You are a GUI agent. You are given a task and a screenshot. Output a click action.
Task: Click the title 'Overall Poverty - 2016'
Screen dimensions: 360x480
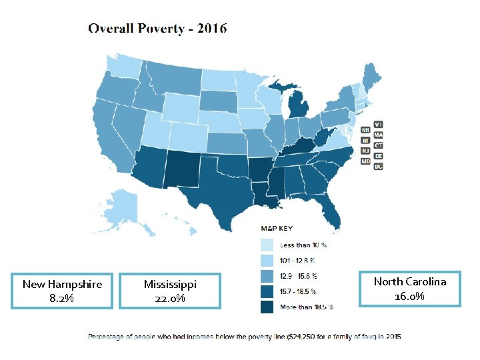[158, 28]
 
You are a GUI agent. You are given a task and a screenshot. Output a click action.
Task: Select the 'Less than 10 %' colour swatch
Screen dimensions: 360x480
[267, 245]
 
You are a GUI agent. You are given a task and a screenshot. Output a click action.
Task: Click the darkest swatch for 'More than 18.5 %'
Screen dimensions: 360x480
[267, 307]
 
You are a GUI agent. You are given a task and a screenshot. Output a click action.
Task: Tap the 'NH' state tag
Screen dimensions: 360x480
[365, 129]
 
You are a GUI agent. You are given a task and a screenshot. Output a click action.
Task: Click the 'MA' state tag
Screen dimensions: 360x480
[378, 135]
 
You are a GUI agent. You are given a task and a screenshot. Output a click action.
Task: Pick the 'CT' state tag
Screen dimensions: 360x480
[378, 145]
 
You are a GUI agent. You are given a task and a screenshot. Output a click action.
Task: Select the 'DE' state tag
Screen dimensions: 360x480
[378, 155]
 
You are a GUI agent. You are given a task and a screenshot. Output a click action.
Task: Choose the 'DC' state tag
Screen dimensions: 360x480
[378, 166]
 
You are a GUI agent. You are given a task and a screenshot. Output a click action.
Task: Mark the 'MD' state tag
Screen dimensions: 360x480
[365, 161]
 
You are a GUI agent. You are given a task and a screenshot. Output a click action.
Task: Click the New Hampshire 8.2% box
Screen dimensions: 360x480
[62, 291]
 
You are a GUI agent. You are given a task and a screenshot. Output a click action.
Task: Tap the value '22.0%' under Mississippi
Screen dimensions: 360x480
[170, 298]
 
